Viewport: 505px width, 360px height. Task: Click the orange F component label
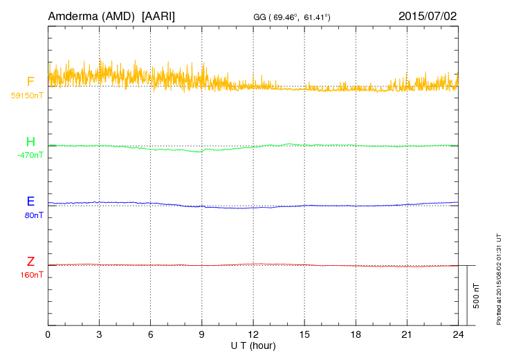click(x=30, y=82)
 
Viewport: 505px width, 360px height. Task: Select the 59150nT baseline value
click(x=27, y=96)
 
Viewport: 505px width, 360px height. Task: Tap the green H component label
click(x=30, y=143)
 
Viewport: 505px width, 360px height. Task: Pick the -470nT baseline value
click(x=30, y=156)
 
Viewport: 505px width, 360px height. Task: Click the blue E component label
click(x=30, y=202)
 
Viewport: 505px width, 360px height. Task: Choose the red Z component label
click(x=30, y=262)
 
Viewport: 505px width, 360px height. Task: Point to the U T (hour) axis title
click(x=252, y=345)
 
